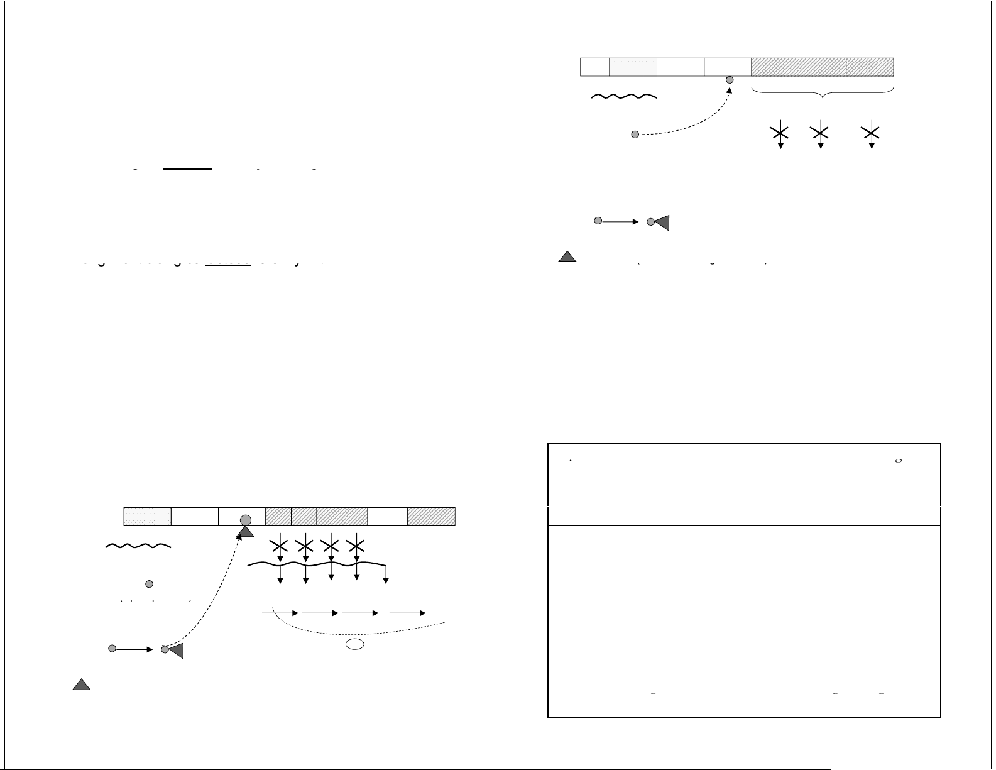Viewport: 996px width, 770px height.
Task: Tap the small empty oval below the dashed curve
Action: tap(355, 644)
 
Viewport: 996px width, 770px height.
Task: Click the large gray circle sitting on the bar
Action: tap(246, 520)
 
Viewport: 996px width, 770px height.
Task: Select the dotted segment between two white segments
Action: tap(633, 67)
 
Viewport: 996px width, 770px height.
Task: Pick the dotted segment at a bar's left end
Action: tap(147, 517)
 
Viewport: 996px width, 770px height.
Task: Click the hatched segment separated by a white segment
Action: tap(431, 517)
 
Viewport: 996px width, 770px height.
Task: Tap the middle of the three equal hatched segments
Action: tap(823, 67)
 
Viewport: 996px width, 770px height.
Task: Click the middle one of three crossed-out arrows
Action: tap(820, 133)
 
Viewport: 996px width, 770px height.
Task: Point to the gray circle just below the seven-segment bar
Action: tap(730, 80)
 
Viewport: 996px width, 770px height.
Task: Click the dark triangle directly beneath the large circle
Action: tap(246, 532)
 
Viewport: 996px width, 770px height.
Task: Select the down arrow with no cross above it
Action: tap(386, 575)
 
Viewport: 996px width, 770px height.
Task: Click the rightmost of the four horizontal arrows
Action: tap(408, 613)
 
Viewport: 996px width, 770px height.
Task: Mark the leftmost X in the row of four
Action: tap(280, 544)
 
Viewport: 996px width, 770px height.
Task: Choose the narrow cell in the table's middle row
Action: tap(567, 572)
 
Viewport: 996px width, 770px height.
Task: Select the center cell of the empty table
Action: tap(679, 572)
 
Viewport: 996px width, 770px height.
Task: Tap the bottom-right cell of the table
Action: tap(855, 668)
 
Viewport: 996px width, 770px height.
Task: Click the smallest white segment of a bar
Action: tap(594, 67)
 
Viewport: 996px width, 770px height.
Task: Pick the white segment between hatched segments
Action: tap(387, 517)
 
